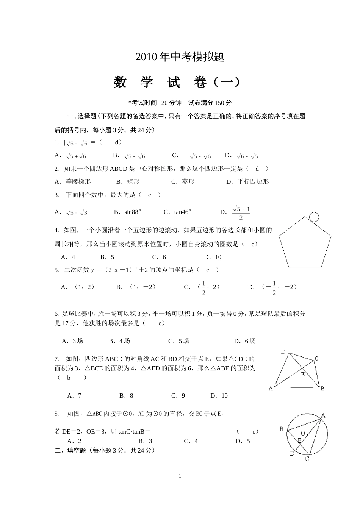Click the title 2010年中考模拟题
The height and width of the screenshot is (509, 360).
click(180, 57)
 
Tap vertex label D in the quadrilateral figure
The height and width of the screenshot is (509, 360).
click(283, 352)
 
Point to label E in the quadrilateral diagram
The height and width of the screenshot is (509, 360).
click(303, 374)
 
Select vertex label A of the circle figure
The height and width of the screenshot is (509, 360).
click(323, 415)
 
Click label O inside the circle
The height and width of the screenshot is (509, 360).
click(303, 433)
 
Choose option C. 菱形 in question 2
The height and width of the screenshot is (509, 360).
click(183, 182)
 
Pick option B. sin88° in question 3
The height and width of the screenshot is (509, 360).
click(128, 212)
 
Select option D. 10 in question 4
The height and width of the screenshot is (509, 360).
click(213, 257)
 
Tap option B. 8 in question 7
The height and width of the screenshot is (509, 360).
click(126, 396)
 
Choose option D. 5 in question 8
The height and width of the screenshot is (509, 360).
click(243, 441)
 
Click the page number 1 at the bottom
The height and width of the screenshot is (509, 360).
click(180, 476)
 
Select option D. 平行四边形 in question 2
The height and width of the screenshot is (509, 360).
click(247, 182)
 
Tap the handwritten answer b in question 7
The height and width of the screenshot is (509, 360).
click(69, 378)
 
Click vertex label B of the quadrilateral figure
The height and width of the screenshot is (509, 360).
click(322, 389)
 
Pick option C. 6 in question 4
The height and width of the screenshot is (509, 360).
click(159, 257)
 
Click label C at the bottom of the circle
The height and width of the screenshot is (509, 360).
click(307, 459)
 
